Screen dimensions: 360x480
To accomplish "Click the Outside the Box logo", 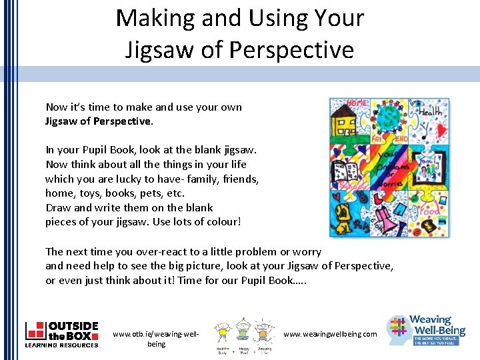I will (62, 334).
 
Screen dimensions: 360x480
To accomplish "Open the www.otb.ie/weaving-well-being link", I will (156, 339).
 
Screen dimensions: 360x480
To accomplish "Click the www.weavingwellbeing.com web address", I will (330, 334).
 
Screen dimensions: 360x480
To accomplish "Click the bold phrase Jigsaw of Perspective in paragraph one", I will (99, 121).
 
